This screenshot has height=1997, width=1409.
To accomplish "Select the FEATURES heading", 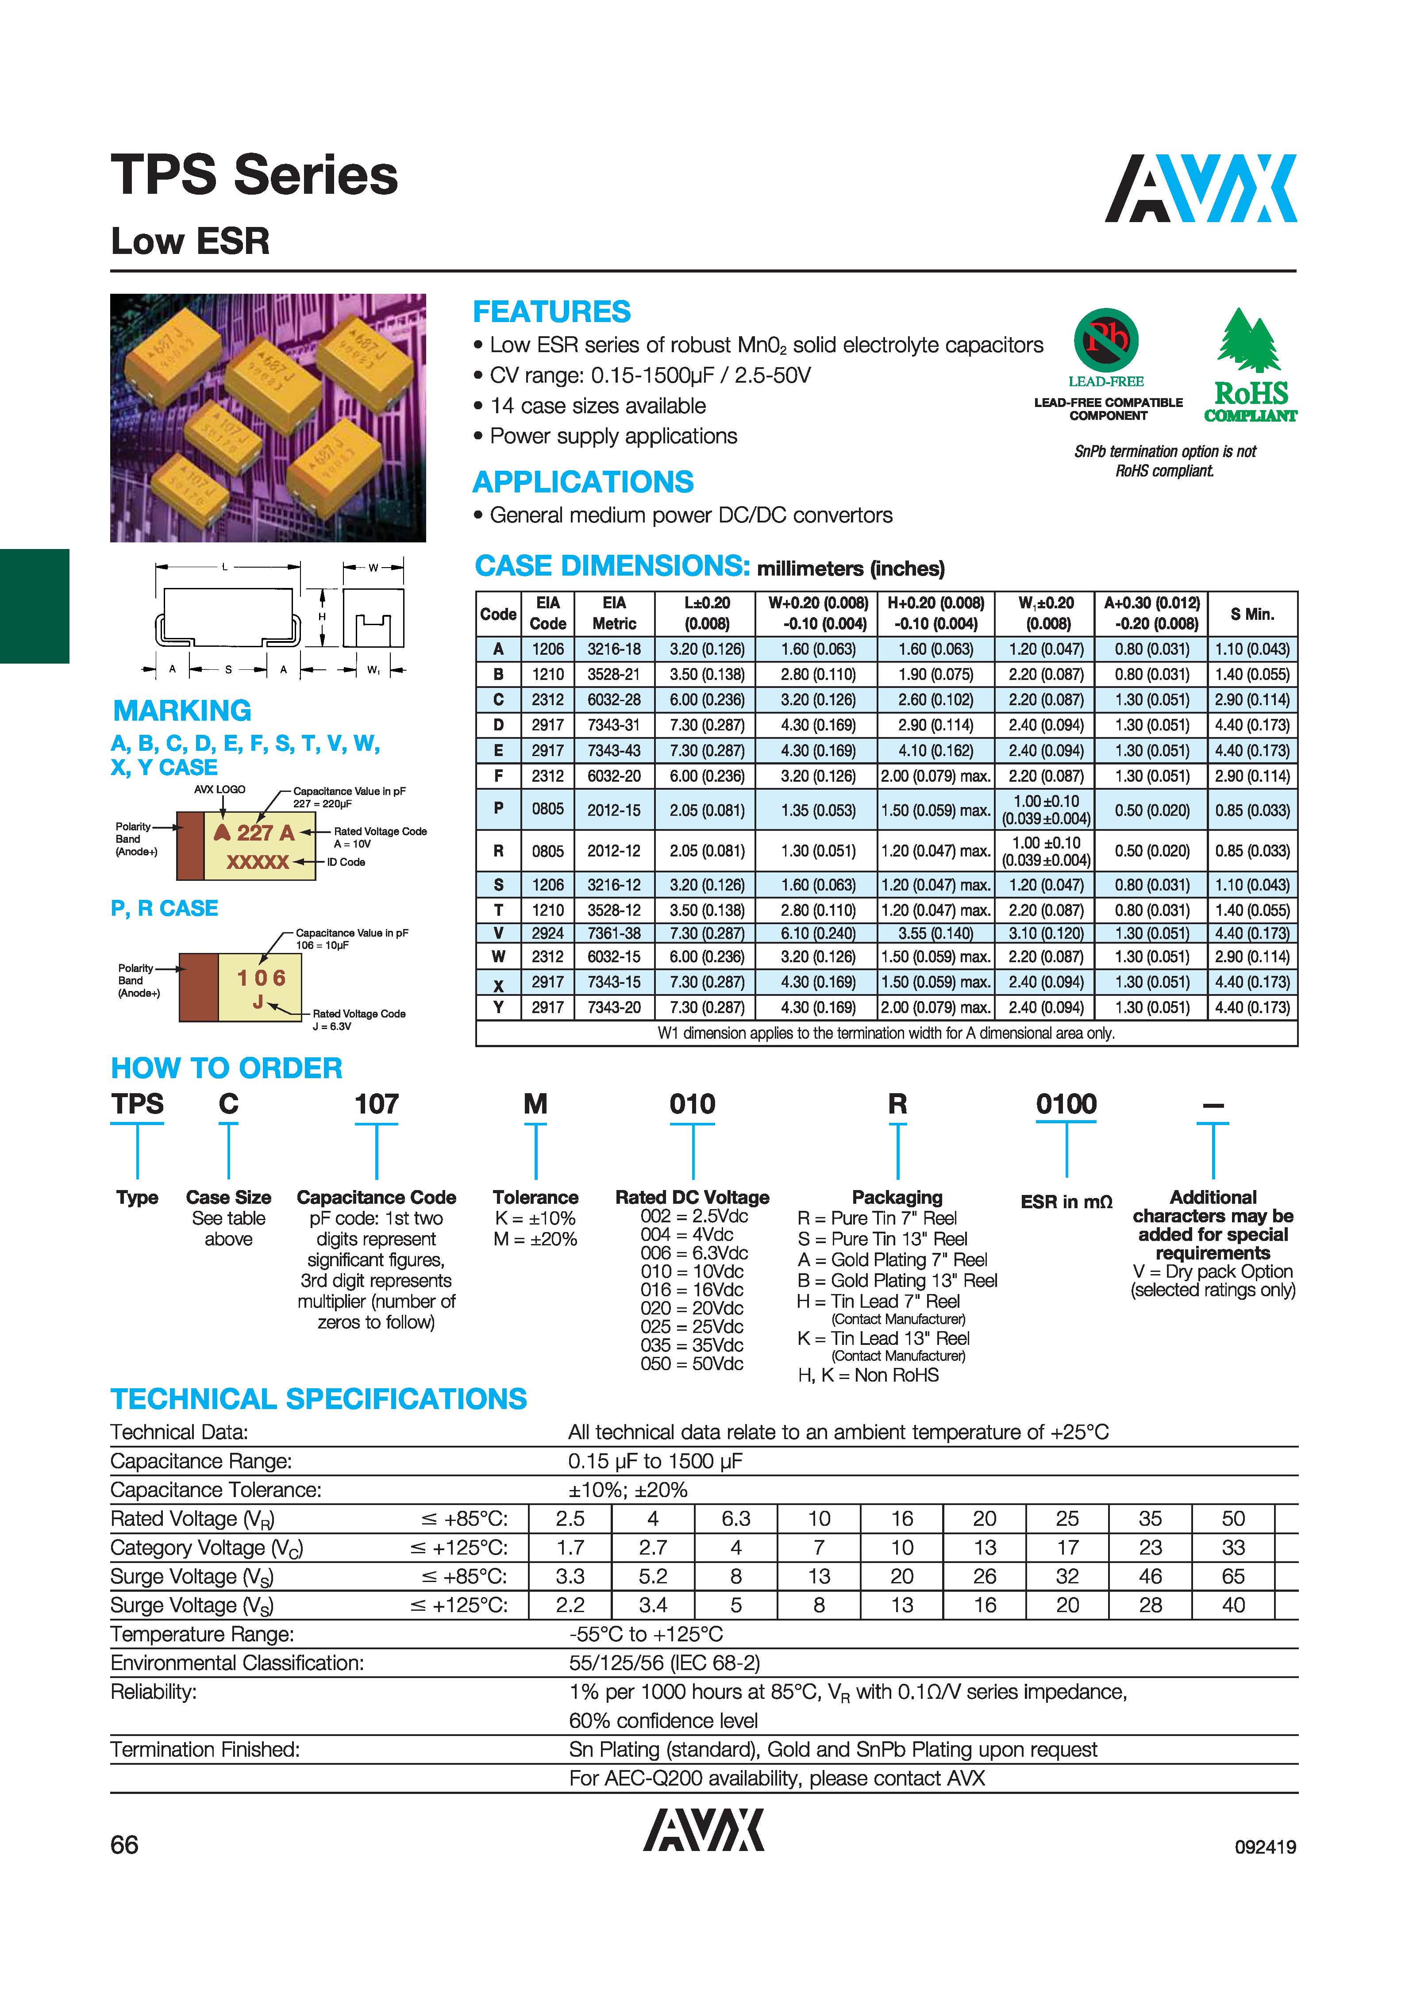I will tap(551, 311).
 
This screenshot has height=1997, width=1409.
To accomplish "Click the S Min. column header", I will tap(1252, 614).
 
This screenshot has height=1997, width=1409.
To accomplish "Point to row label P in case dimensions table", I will tap(498, 809).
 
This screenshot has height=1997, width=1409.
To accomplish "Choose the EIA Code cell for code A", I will tap(548, 649).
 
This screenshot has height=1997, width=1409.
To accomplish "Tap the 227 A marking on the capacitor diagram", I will tap(255, 832).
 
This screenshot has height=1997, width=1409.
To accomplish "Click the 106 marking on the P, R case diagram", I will tap(261, 978).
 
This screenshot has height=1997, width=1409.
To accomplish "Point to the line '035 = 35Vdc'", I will tap(692, 1344).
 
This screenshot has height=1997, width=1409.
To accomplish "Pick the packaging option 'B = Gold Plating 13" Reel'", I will tap(897, 1280).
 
